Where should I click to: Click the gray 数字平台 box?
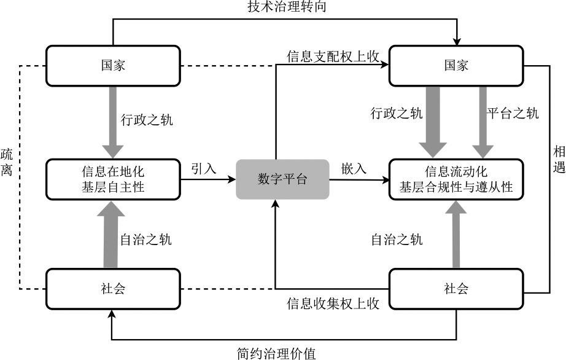(x=282, y=179)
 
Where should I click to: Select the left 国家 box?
(x=113, y=66)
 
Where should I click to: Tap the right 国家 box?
(x=456, y=66)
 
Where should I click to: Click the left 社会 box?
(x=113, y=288)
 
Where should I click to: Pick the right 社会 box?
(x=456, y=288)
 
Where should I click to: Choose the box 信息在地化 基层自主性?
(x=113, y=179)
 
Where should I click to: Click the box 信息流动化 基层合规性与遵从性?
(x=456, y=179)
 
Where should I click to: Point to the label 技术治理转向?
(x=283, y=8)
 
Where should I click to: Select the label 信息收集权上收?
(x=333, y=303)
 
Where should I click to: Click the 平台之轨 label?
(x=513, y=113)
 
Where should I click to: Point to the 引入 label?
(x=204, y=168)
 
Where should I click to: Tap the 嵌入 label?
(x=354, y=168)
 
